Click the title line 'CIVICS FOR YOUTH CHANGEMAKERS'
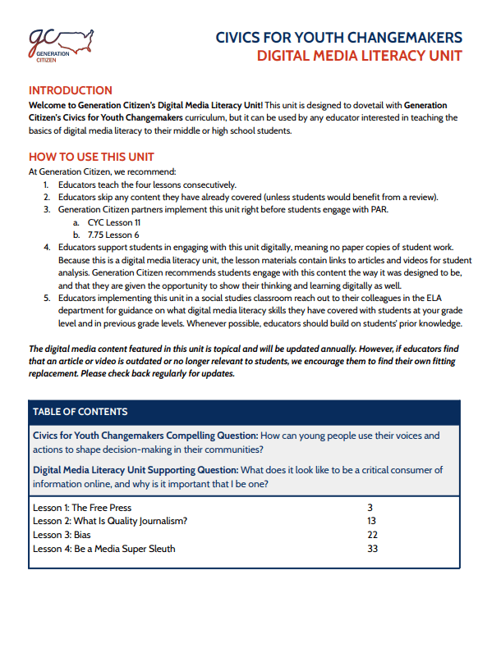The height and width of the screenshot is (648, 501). pyautogui.click(x=338, y=38)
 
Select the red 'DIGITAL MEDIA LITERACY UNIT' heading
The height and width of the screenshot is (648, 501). pyautogui.click(x=359, y=56)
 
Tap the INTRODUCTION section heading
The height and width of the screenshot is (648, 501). pyautogui.click(x=71, y=91)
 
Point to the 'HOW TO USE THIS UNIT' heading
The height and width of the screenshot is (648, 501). pyautogui.click(x=91, y=157)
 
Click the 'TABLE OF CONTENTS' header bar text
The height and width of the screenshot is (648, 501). pyautogui.click(x=80, y=411)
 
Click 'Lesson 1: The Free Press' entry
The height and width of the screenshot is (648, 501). pyautogui.click(x=82, y=508)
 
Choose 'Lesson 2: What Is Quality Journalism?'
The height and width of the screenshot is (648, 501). pyautogui.click(x=110, y=521)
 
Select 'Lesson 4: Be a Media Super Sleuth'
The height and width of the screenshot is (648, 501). pyautogui.click(x=103, y=548)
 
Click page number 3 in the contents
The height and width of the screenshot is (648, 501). pyautogui.click(x=370, y=508)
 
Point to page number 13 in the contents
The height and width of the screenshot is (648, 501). pyautogui.click(x=372, y=521)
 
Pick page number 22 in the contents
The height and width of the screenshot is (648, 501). pyautogui.click(x=372, y=535)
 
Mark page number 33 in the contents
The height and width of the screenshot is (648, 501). pyautogui.click(x=372, y=548)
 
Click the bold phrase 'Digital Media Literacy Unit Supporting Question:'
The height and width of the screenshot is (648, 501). pyautogui.click(x=136, y=470)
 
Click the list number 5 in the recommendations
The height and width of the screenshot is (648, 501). pyautogui.click(x=48, y=299)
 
